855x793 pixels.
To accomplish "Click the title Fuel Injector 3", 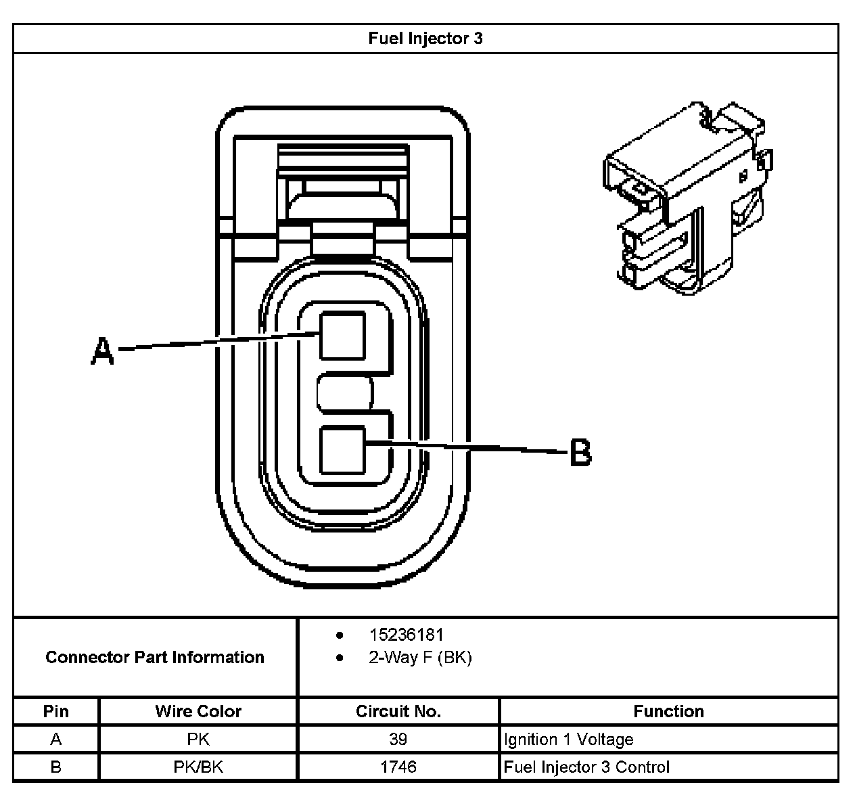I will (x=425, y=39).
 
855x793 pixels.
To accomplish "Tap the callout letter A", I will (x=102, y=352).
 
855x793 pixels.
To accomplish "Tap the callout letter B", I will (x=580, y=453).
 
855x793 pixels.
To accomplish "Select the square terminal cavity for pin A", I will (x=342, y=335).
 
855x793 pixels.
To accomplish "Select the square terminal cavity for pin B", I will (x=342, y=450).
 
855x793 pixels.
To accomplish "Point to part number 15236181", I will (x=406, y=635).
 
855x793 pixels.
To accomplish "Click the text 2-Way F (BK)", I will (x=419, y=657).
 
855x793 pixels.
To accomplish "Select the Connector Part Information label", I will (x=155, y=657).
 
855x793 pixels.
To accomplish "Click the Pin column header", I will (x=56, y=711).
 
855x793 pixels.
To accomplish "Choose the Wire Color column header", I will (x=198, y=711).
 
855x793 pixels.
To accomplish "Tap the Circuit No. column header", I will (x=398, y=711).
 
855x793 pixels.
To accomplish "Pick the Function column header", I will (x=668, y=711).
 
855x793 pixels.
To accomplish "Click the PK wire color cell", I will (x=198, y=740).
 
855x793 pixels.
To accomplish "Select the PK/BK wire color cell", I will (x=198, y=767).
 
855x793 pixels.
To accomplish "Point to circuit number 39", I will (x=398, y=740).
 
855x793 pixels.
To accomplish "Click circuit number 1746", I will (x=398, y=767).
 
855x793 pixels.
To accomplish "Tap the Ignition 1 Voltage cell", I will (x=568, y=740).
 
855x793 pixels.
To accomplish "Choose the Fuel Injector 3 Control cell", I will (x=586, y=767).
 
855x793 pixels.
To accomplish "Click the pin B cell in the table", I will (x=56, y=767).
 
